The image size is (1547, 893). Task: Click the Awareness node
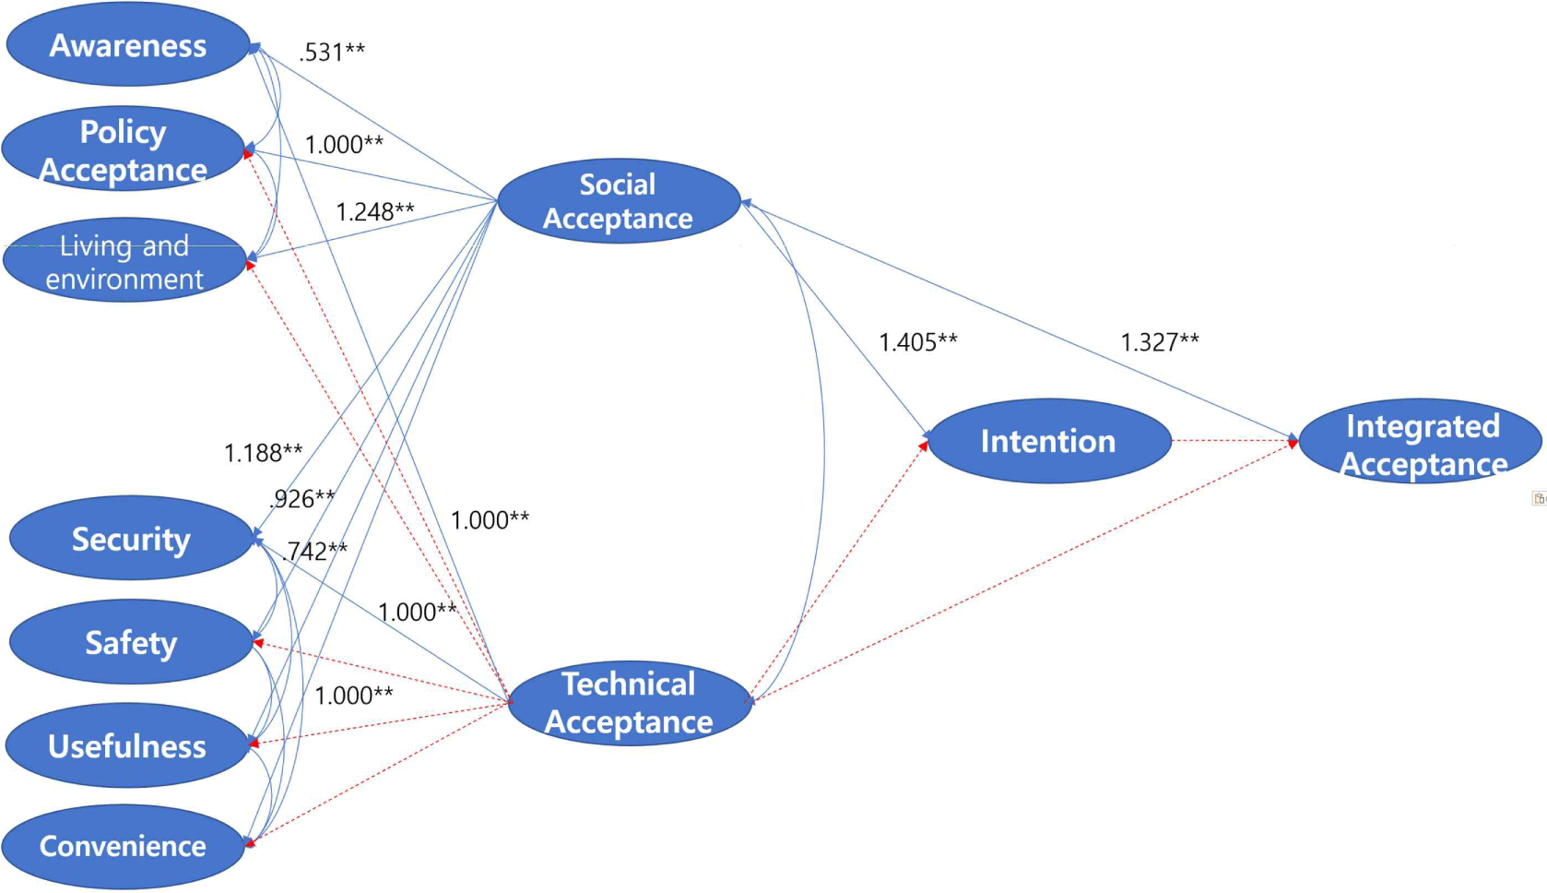click(x=128, y=45)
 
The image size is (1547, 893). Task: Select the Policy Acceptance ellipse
click(x=124, y=150)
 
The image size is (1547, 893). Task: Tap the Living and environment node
click(x=124, y=261)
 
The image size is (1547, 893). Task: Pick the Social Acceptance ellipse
click(x=619, y=201)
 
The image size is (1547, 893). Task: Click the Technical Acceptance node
click(x=630, y=703)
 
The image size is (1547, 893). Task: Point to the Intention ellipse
click(x=1048, y=441)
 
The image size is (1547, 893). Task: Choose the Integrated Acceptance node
click(x=1421, y=444)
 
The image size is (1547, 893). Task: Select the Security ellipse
click(x=131, y=539)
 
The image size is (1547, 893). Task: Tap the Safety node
click(x=131, y=642)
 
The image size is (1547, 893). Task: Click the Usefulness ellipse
click(x=127, y=745)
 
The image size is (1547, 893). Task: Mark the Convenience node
click(x=123, y=846)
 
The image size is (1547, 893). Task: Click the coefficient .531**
click(x=332, y=52)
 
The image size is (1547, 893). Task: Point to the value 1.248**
click(x=375, y=212)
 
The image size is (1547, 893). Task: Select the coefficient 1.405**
click(x=918, y=343)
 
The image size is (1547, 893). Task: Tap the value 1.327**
click(x=1160, y=343)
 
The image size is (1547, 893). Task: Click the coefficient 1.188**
click(x=264, y=453)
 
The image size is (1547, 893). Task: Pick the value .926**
click(x=303, y=499)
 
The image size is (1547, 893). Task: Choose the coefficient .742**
click(x=315, y=552)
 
